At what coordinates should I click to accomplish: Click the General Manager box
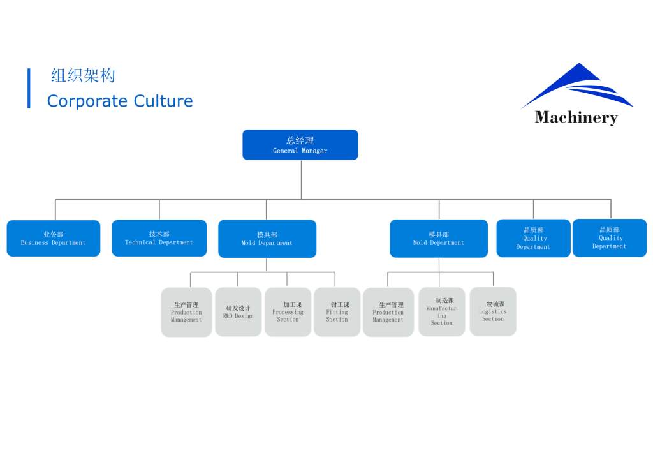[x=300, y=145]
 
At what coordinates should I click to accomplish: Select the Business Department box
[x=54, y=238]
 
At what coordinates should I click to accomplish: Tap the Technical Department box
[x=159, y=238]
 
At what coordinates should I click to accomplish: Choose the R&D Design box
[x=238, y=311]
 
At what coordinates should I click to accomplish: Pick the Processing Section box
[x=288, y=311]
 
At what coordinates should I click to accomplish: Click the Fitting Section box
[x=337, y=311]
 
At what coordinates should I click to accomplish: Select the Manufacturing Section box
[x=441, y=311]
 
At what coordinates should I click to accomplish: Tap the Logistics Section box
[x=492, y=311]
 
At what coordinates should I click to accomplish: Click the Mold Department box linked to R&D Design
[x=267, y=239]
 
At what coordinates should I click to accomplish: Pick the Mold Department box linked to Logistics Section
[x=438, y=239]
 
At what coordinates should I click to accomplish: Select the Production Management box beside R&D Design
[x=186, y=312]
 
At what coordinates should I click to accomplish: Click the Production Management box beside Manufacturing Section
[x=388, y=312]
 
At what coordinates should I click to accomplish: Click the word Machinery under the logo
[x=576, y=117]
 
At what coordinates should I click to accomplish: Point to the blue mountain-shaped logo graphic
[x=577, y=86]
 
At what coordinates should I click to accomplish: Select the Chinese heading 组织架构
[x=83, y=76]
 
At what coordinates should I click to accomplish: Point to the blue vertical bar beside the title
[x=29, y=88]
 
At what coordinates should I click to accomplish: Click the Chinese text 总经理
[x=300, y=140]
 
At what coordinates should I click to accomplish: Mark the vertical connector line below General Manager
[x=301, y=179]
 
